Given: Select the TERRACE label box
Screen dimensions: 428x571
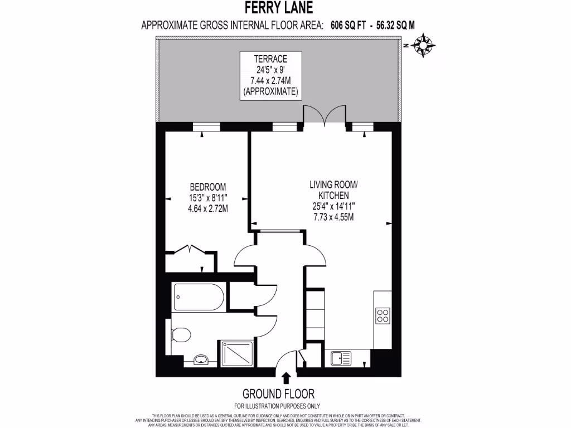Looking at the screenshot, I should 270,76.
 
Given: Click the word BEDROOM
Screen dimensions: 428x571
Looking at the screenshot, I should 208,187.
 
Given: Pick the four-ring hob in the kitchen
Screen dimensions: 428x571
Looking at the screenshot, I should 383,316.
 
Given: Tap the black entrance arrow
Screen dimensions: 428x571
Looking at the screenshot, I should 286,378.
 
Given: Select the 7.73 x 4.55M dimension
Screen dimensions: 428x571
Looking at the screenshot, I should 333,216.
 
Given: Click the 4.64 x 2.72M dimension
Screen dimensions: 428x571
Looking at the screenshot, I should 208,208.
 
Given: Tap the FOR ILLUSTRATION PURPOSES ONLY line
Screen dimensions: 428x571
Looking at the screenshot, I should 277,406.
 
